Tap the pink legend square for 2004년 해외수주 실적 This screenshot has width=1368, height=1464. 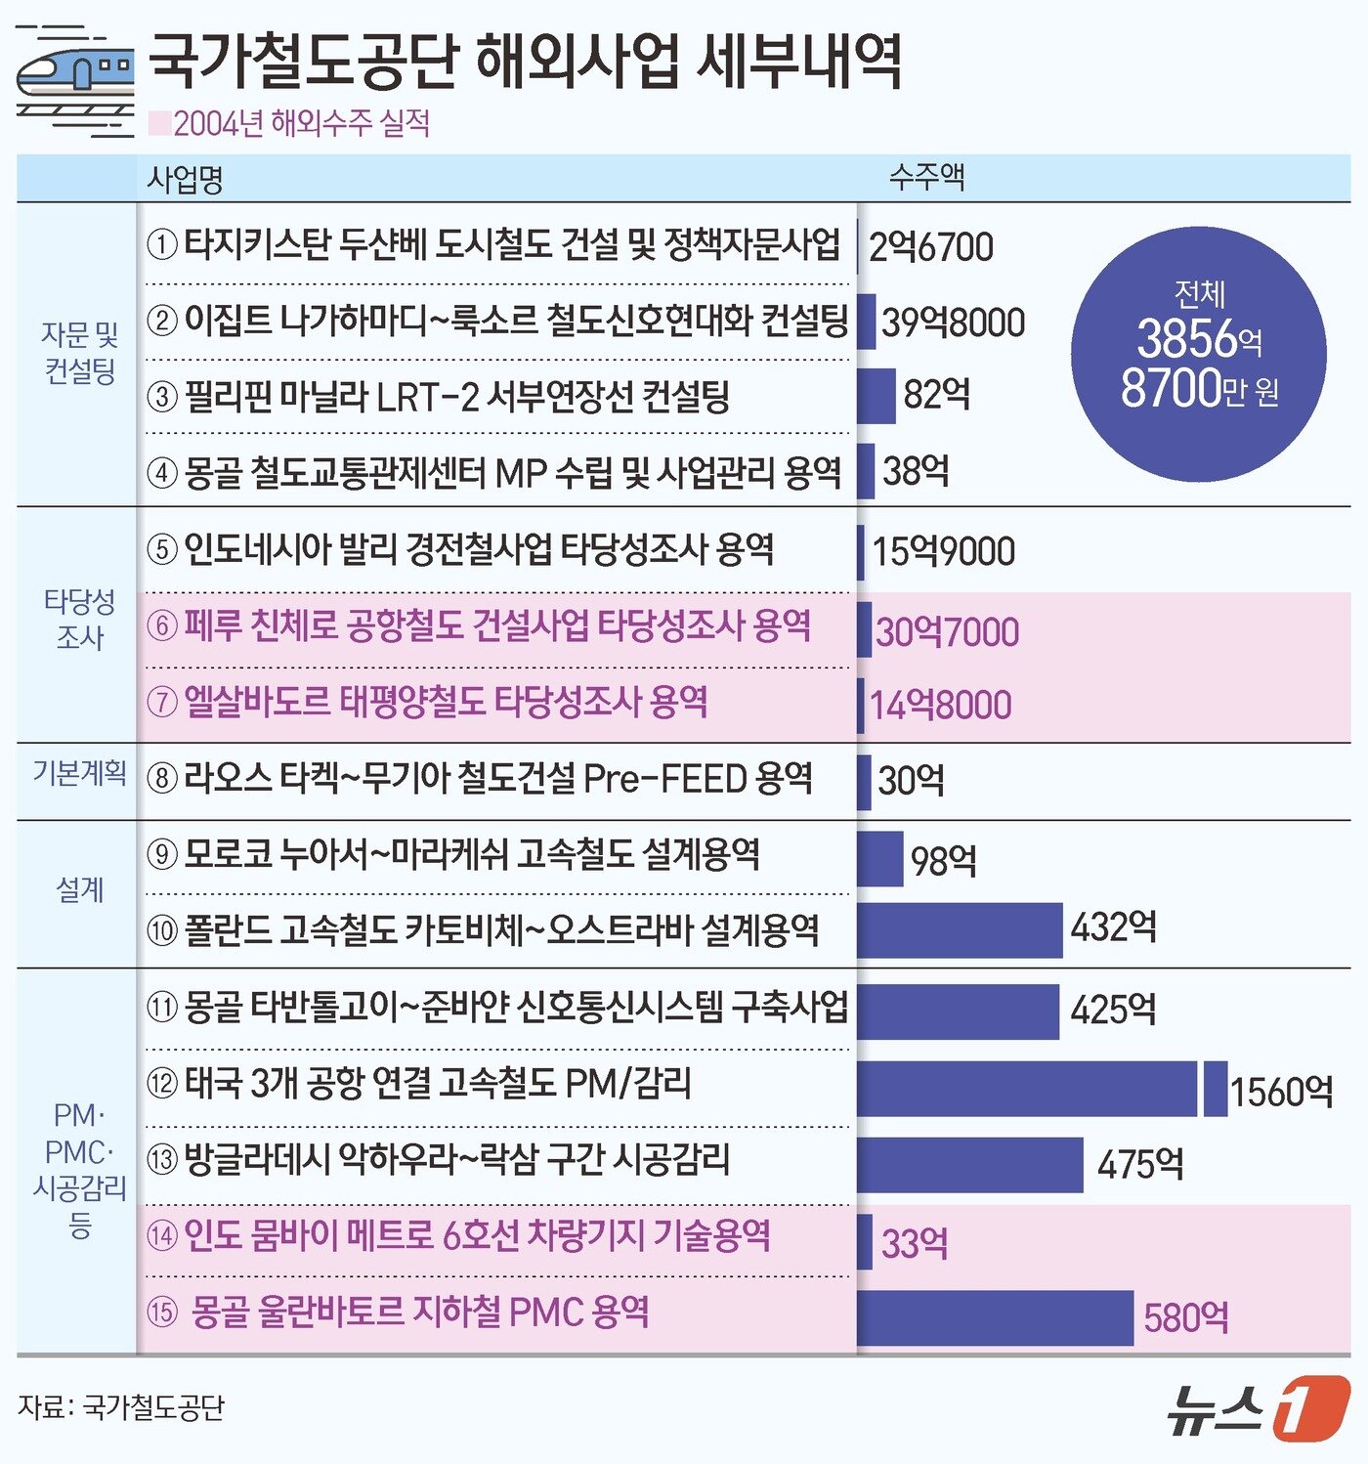point(158,124)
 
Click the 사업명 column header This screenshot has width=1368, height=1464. point(185,179)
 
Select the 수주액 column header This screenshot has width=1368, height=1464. point(926,177)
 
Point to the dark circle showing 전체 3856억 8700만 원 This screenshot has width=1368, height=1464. point(1199,354)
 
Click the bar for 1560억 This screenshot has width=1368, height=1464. point(1026,1088)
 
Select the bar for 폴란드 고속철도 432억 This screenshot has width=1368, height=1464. point(959,929)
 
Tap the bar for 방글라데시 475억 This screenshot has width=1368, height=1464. point(969,1164)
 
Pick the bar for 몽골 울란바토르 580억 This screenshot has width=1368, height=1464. point(995,1317)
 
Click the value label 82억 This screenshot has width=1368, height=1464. point(936,395)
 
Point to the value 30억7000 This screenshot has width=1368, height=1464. point(947,632)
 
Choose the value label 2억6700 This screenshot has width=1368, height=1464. point(930,247)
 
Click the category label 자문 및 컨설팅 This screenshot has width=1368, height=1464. point(79,353)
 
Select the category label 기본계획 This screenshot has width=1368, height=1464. point(79,773)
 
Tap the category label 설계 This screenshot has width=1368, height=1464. point(79,889)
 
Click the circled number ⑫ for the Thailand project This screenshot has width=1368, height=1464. point(162,1084)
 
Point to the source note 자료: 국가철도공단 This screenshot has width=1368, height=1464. point(121,1407)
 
